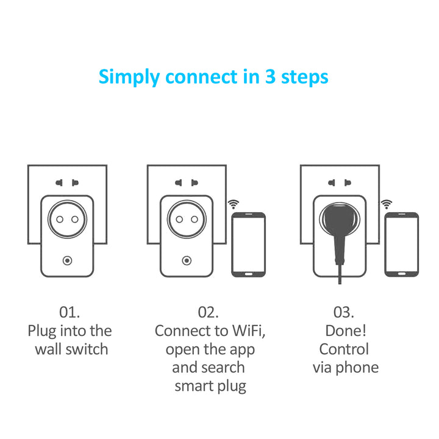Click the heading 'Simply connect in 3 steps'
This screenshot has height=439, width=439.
click(x=213, y=77)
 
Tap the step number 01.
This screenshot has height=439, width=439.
click(x=70, y=312)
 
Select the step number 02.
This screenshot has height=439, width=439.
click(x=208, y=312)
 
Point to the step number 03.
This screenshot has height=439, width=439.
click(x=344, y=312)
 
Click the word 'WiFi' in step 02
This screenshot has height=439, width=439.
click(x=247, y=331)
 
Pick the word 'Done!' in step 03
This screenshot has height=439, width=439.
click(x=345, y=331)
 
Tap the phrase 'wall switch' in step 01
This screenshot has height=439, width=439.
click(x=71, y=349)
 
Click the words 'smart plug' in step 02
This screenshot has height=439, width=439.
click(x=210, y=386)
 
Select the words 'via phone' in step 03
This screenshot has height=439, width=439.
click(x=345, y=368)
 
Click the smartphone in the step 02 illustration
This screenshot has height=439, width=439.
click(x=248, y=244)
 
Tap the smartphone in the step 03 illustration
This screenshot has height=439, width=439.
click(x=401, y=244)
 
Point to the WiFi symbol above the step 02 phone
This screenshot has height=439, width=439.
click(x=233, y=204)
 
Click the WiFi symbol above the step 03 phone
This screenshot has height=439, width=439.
click(x=386, y=204)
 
